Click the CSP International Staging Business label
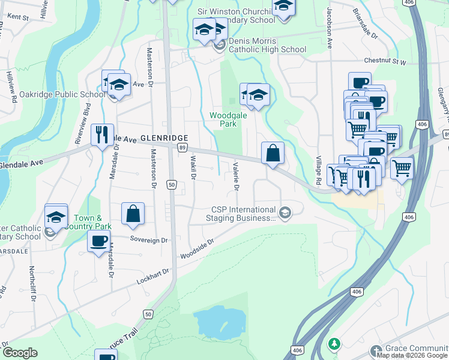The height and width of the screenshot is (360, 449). [243, 214]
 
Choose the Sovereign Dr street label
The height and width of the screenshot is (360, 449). [150, 239]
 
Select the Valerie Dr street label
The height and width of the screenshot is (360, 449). [236, 176]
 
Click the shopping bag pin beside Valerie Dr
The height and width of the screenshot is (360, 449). [273, 153]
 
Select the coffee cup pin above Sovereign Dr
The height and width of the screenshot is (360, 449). [98, 242]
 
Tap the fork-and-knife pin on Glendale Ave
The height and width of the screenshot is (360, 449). [101, 135]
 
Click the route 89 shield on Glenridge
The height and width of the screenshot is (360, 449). [182, 148]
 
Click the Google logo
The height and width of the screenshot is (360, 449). [20, 353]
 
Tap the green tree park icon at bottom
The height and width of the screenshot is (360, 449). [333, 344]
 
